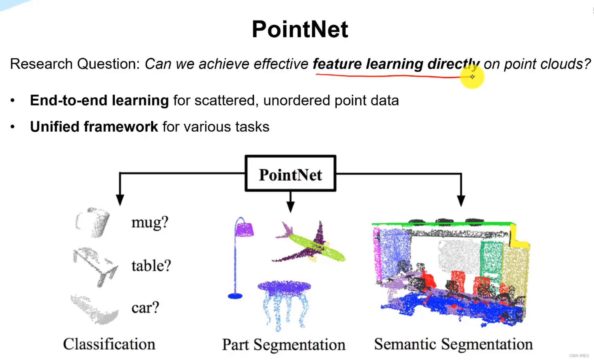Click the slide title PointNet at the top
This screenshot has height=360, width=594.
point(300,29)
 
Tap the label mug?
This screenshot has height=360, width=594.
point(150,222)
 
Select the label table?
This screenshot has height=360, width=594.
point(151,266)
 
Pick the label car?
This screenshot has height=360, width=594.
point(145,308)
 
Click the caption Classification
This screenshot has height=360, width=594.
point(109,344)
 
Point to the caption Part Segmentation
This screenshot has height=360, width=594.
point(284,345)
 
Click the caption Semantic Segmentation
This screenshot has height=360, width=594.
point(453,344)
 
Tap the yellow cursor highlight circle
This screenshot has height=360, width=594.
point(472,77)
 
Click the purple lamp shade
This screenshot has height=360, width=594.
point(244,230)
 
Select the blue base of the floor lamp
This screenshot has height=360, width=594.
point(235,296)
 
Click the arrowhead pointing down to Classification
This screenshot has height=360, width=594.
point(120,200)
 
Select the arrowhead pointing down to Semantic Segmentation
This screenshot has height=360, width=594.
point(461,201)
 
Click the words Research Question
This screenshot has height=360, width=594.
point(75,64)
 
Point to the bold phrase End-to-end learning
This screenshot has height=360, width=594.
point(99,100)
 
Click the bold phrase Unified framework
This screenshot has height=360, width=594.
point(94,127)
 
